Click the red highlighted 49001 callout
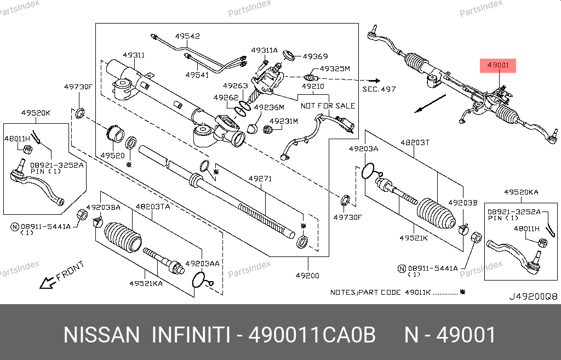click(x=497, y=65)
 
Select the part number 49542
click(x=187, y=36)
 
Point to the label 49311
click(x=134, y=55)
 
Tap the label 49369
click(x=315, y=56)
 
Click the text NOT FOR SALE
click(x=328, y=106)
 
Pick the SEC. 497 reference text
click(x=379, y=89)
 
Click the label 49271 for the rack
click(x=260, y=178)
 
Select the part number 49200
click(x=307, y=276)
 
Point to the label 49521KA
click(x=146, y=283)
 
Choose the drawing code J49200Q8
click(x=533, y=296)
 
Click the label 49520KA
click(x=521, y=192)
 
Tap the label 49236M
click(x=269, y=107)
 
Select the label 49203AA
click(x=203, y=264)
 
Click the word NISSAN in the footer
click(x=101, y=335)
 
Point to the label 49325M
click(x=335, y=68)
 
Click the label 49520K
click(x=36, y=113)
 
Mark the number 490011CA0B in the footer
click(x=312, y=335)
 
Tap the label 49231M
click(x=284, y=121)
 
